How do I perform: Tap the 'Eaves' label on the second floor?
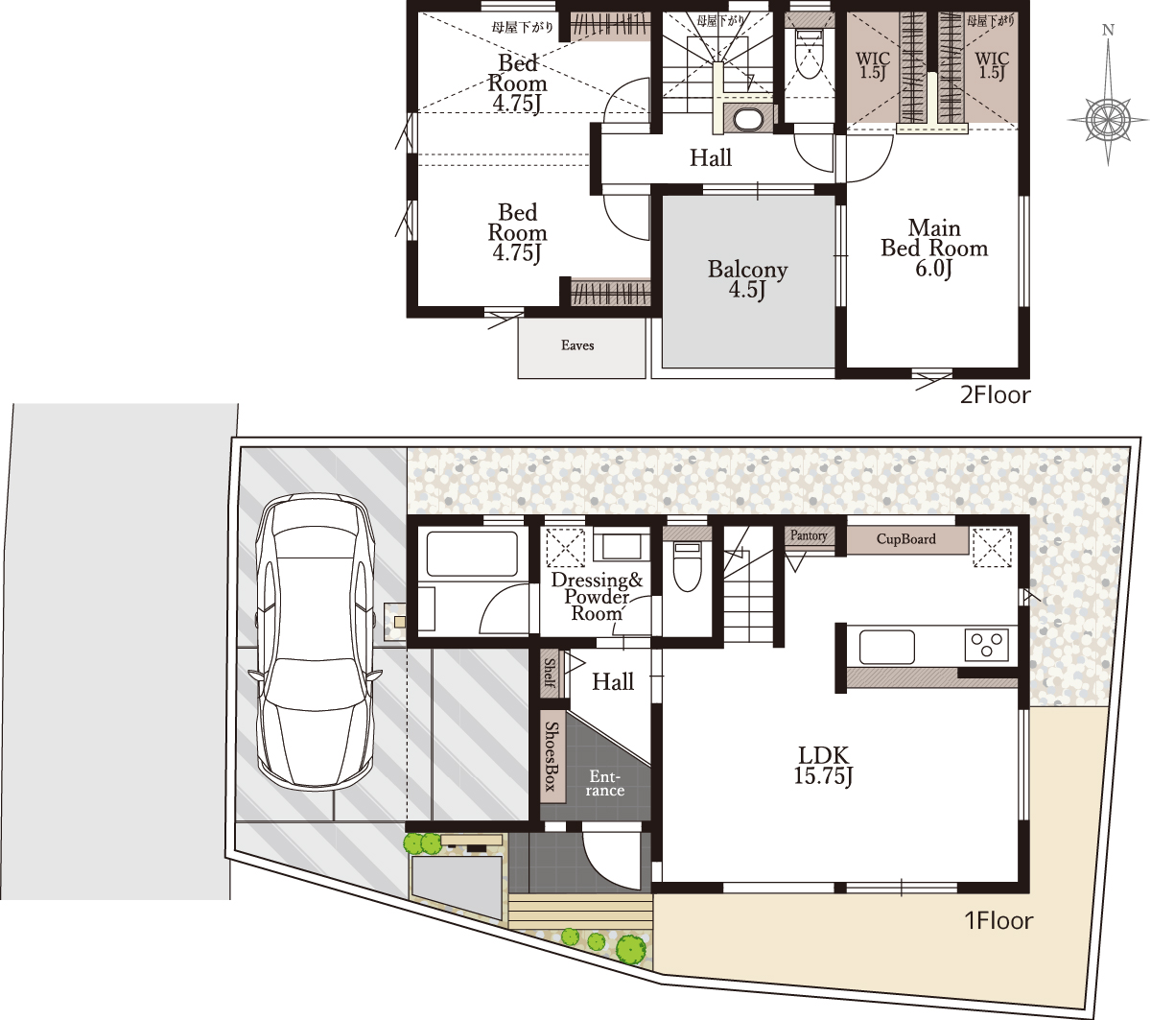point(577,345)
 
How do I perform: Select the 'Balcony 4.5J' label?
point(747,279)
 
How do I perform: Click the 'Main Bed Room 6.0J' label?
point(934,248)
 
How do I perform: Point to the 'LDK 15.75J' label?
point(823,766)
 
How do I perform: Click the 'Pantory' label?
point(809,535)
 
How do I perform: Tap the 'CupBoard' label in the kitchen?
point(905,539)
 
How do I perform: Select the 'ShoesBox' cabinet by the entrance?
point(552,756)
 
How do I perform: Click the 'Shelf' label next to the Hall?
point(550,673)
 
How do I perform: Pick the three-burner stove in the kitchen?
point(986,645)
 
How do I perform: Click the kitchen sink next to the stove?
point(887,647)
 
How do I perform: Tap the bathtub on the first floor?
point(472,554)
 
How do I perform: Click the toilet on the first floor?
point(687,566)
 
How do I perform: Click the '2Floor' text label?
point(995,395)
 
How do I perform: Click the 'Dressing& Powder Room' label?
point(597,597)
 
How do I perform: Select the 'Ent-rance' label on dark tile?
point(604,783)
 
